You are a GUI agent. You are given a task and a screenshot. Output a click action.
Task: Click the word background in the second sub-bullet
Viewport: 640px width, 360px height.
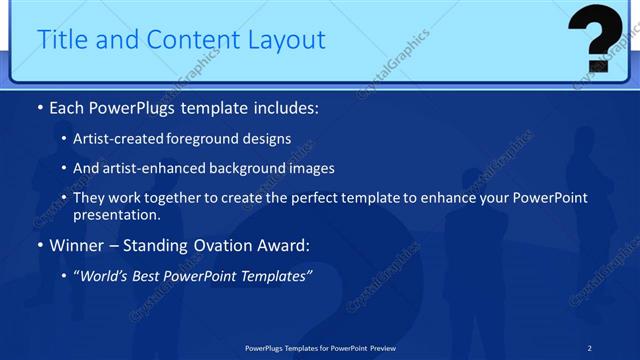click(247, 168)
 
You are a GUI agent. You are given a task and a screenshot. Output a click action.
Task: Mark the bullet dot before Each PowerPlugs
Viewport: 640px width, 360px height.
click(39, 108)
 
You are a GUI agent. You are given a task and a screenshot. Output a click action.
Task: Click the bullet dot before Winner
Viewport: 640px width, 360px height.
click(39, 246)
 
